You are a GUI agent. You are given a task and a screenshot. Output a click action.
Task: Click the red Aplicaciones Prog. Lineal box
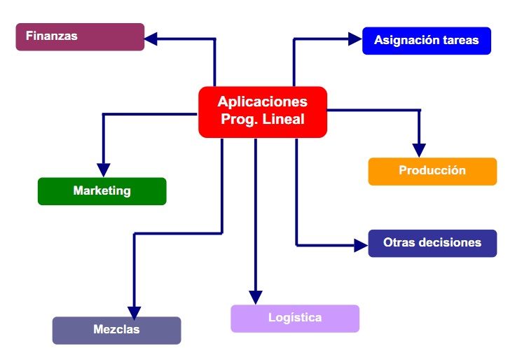[263, 111]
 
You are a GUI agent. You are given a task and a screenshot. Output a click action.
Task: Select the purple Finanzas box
[80, 36]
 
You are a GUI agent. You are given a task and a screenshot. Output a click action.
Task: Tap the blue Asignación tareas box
[426, 41]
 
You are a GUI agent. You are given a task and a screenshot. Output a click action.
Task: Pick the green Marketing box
[102, 191]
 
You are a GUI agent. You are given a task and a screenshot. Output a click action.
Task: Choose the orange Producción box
[432, 171]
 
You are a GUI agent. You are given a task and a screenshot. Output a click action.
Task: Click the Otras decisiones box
[432, 243]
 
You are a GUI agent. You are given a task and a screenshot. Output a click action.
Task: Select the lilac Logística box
[294, 318]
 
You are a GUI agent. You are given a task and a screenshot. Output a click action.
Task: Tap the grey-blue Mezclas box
[116, 330]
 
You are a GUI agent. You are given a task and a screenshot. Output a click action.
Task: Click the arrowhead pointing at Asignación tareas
[355, 39]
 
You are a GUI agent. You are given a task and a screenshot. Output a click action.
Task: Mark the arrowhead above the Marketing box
[104, 169]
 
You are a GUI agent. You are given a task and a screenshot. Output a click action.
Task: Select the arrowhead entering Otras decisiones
[360, 245]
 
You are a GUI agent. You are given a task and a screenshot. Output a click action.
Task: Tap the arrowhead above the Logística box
[256, 297]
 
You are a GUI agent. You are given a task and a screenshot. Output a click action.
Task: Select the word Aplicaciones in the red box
[262, 102]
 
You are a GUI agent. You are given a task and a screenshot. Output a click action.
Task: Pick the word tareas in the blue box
[459, 41]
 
